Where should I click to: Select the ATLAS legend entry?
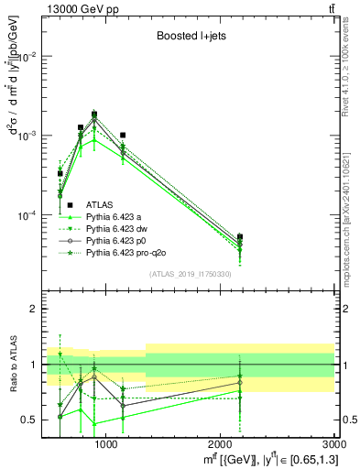pos(100,204)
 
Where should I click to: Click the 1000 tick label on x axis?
pos(106,443)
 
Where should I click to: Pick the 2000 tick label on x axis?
pos(221,443)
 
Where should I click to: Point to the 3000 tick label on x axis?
pos(333,443)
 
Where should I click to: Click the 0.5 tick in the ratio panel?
pos(30,420)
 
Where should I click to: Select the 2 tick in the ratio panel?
pos(35,309)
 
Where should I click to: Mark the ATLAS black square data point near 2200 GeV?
pos(240,237)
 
